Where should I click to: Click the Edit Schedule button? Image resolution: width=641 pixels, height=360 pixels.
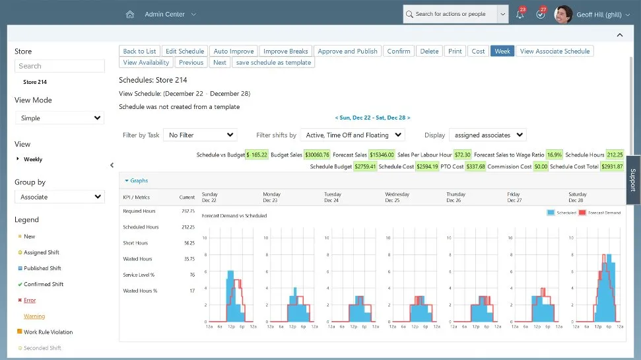185,51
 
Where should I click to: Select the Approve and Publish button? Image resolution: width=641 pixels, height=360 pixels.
348,51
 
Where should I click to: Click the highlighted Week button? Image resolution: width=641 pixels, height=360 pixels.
502,51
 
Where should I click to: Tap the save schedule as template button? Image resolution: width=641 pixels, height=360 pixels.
273,62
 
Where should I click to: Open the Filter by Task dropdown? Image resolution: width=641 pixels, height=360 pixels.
200,135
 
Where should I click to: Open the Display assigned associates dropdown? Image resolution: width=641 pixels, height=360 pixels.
488,135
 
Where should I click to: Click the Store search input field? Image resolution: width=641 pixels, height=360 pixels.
59,66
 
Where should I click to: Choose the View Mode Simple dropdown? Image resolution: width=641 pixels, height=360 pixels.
59,118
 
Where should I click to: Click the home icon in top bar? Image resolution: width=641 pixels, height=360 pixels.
130,14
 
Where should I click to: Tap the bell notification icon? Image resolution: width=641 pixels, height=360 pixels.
520,15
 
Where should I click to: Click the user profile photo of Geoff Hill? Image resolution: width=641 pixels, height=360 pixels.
563,14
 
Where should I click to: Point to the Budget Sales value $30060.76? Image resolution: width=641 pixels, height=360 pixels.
317,155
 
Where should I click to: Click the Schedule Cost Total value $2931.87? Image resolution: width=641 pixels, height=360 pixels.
612,166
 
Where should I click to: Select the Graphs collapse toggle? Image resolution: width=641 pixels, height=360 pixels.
137,180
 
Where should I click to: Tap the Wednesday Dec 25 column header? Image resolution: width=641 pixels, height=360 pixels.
397,197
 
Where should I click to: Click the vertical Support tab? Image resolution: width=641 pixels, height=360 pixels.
632,180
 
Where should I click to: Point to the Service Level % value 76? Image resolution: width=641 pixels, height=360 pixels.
191,275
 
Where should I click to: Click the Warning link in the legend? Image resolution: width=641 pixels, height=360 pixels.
34,316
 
